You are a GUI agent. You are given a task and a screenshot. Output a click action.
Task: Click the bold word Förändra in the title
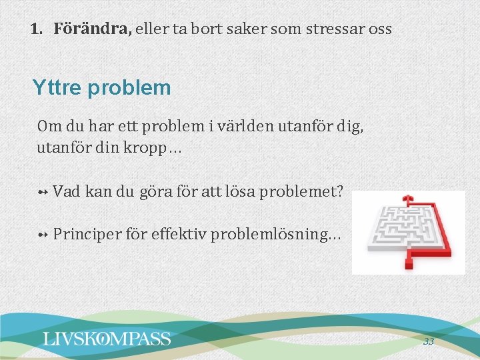(x=93, y=29)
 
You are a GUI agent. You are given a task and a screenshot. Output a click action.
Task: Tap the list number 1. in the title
(x=38, y=29)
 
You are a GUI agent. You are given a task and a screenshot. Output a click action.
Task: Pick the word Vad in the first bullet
(x=67, y=192)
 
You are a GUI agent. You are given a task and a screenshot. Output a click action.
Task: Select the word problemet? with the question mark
(x=303, y=192)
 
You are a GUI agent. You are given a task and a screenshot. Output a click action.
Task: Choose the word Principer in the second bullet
(x=85, y=234)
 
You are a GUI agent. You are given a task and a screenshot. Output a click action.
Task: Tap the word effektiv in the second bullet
(x=179, y=234)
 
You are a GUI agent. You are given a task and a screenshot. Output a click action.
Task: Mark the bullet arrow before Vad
(x=43, y=193)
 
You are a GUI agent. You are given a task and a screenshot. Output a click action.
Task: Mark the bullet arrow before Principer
(x=43, y=235)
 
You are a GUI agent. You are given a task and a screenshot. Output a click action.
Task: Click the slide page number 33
(x=428, y=341)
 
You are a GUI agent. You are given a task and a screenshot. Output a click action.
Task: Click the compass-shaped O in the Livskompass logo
(x=104, y=339)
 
